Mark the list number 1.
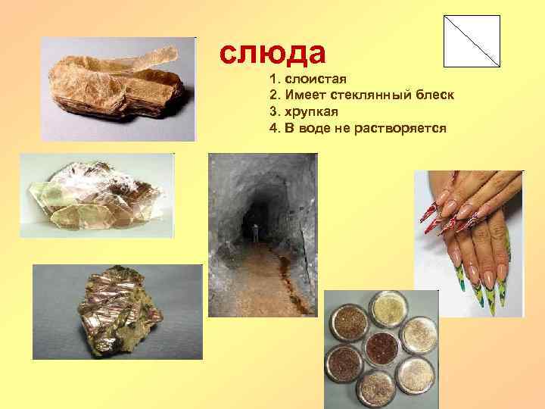point(272,80)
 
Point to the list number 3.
point(272,112)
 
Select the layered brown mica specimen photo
point(118,89)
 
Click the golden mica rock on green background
point(117,311)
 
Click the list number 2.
point(272,95)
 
